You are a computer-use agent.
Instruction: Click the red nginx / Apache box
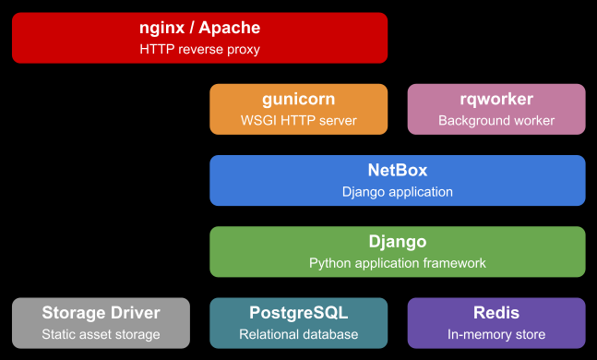point(199,38)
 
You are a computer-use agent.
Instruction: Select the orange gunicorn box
point(298,109)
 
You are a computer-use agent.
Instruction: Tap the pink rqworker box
point(496,109)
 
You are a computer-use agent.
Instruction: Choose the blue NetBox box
point(398,180)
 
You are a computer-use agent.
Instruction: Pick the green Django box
point(398,251)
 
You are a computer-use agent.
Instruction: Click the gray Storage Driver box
point(101,322)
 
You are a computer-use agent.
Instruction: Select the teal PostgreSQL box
point(298,322)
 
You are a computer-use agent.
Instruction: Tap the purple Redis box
point(496,322)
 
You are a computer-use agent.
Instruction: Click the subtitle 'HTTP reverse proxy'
point(200,50)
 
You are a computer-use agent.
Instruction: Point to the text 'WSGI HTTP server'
point(298,121)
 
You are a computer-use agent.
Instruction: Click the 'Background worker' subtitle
point(496,121)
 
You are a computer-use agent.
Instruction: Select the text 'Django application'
point(398,192)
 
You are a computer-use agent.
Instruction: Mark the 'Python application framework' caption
point(398,263)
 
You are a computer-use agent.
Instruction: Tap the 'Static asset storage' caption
point(101,334)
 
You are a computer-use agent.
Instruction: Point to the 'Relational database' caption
point(298,334)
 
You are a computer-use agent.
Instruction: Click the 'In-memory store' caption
point(496,334)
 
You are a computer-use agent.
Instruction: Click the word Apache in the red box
point(229,29)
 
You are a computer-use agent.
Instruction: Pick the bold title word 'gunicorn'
point(298,99)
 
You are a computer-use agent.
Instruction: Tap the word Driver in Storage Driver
point(136,313)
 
